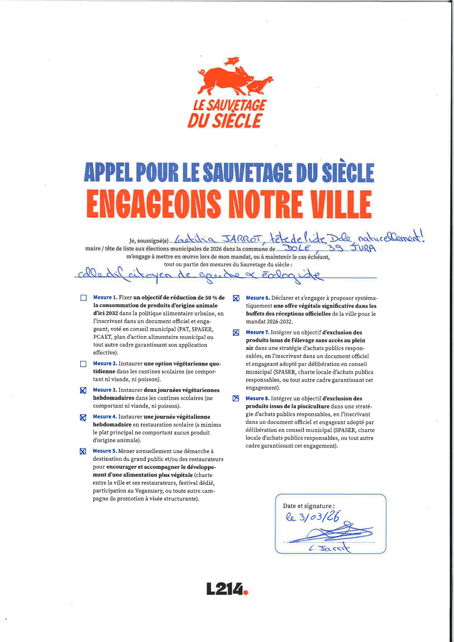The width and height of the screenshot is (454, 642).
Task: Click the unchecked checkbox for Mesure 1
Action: pos(83,298)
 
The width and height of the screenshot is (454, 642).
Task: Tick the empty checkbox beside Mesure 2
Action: pos(83,364)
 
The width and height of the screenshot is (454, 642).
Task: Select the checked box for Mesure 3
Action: pos(83,391)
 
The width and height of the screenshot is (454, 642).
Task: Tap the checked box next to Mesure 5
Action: pos(83,451)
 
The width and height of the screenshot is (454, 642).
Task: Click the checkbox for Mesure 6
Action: pos(236,298)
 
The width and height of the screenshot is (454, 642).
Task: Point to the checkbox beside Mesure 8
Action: pos(236,399)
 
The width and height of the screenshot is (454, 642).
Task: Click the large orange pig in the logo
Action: pos(225,79)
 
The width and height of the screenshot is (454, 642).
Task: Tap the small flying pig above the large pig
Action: pos(232,61)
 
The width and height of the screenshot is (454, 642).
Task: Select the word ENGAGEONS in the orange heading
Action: pos(154,204)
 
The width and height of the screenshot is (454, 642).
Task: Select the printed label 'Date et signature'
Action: pos(308,506)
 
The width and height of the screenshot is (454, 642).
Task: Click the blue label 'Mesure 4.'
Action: pos(105,417)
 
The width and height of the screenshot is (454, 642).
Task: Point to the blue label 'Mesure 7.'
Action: pos(257,332)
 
